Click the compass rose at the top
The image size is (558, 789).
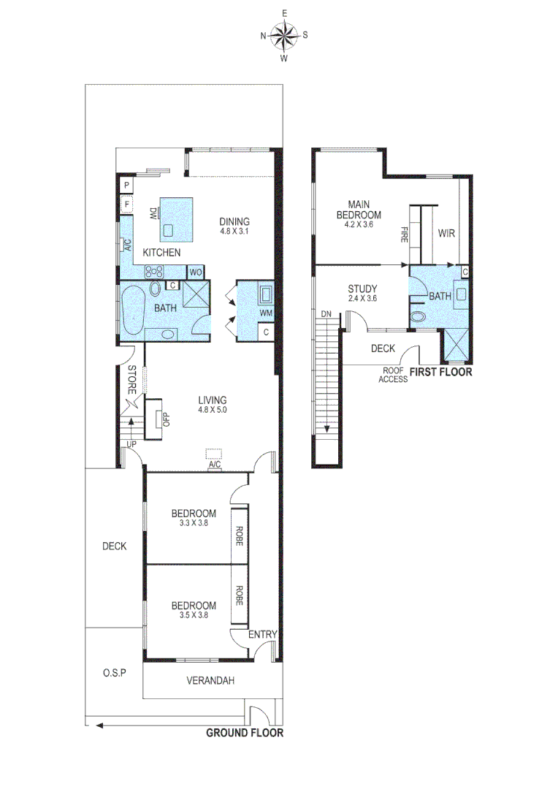pos(284,34)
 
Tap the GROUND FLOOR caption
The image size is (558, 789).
pos(244,733)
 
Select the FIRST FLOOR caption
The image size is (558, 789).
pos(440,372)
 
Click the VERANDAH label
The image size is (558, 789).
pos(210,681)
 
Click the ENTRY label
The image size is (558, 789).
pos(262,635)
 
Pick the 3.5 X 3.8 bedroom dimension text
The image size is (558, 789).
pos(194,615)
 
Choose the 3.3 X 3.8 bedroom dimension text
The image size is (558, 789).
pos(194,522)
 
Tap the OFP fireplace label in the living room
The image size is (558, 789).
pos(166,419)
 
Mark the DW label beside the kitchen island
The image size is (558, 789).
pos(153,213)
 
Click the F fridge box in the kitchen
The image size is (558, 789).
pos(126,205)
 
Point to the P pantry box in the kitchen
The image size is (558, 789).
pos(126,186)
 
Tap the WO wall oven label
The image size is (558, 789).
pos(196,272)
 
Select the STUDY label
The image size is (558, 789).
pos(362,289)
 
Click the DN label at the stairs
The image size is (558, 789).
pos(326,314)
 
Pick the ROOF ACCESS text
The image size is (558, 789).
pos(393,375)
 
